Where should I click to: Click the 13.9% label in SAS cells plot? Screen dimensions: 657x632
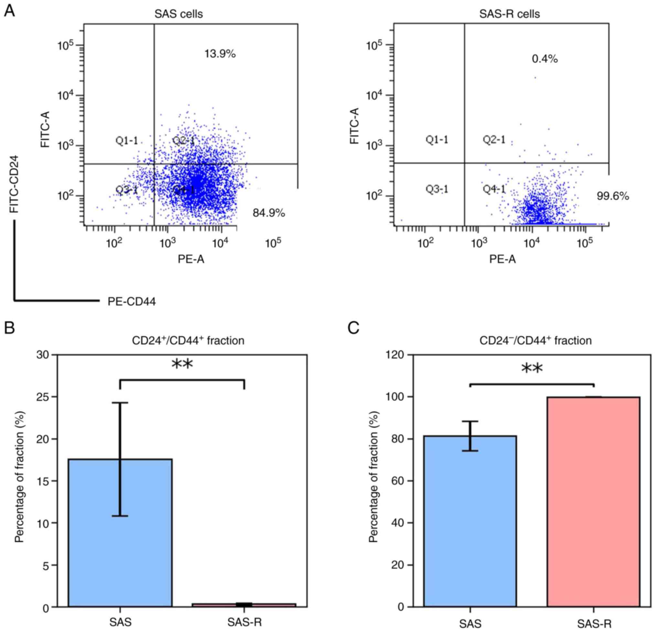point(220,54)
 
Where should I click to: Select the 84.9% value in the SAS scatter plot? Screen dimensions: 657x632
point(269,213)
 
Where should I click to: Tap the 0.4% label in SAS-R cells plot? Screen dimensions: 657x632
point(545,59)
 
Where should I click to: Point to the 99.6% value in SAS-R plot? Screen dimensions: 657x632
point(613,196)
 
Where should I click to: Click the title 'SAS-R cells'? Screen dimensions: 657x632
point(510,14)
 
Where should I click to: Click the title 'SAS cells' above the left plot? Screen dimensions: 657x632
point(179,14)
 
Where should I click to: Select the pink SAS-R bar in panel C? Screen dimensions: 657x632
point(593,502)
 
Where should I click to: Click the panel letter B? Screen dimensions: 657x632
point(9,328)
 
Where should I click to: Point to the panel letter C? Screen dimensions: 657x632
point(354,328)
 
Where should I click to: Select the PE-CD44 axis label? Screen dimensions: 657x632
point(131,302)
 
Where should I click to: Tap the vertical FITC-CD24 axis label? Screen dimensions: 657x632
point(14,184)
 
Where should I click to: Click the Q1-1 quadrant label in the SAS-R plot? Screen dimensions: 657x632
point(437,139)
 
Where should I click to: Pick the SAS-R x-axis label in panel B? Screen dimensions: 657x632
point(244,622)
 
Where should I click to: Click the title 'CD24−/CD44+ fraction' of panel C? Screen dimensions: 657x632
point(535,340)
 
